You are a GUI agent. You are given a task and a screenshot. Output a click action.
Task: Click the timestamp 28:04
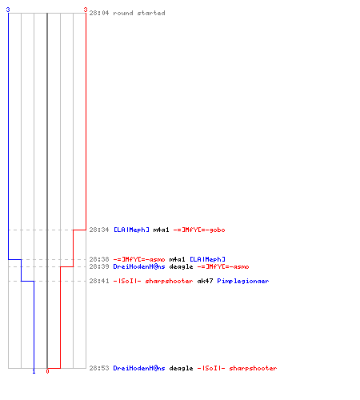point(99,13)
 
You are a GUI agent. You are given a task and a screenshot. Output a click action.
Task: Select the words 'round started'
point(139,13)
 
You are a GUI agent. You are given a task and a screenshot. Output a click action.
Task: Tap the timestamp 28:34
point(99,230)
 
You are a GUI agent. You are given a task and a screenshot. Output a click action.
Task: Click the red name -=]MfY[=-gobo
point(199,230)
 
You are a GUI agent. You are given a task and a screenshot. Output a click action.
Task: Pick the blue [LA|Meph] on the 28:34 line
point(131,230)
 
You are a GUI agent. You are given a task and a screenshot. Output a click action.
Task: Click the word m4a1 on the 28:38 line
point(177,259)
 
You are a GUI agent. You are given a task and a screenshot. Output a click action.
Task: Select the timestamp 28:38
point(99,259)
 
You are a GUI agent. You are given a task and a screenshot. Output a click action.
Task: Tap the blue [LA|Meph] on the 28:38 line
point(207,259)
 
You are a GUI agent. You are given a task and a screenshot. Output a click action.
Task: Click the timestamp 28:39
point(99,266)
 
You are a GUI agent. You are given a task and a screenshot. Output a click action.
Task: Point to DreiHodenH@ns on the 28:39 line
point(139,266)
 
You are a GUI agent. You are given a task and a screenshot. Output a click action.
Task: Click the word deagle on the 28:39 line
point(181,266)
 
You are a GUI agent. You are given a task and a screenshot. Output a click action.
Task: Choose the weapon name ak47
point(205,281)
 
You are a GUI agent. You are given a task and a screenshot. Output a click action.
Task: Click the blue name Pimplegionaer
point(243,281)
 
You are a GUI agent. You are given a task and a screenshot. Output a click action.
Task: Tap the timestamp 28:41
point(99,281)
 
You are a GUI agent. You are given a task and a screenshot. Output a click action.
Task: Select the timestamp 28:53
point(99,368)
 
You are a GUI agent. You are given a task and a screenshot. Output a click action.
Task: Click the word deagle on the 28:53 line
point(181,368)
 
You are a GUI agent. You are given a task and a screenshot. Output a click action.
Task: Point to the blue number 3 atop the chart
point(8,10)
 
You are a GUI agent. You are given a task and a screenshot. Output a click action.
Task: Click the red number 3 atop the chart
point(86,10)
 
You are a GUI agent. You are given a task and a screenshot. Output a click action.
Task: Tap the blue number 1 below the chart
point(34,372)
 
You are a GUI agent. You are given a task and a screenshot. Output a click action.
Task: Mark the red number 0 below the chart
point(47,371)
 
